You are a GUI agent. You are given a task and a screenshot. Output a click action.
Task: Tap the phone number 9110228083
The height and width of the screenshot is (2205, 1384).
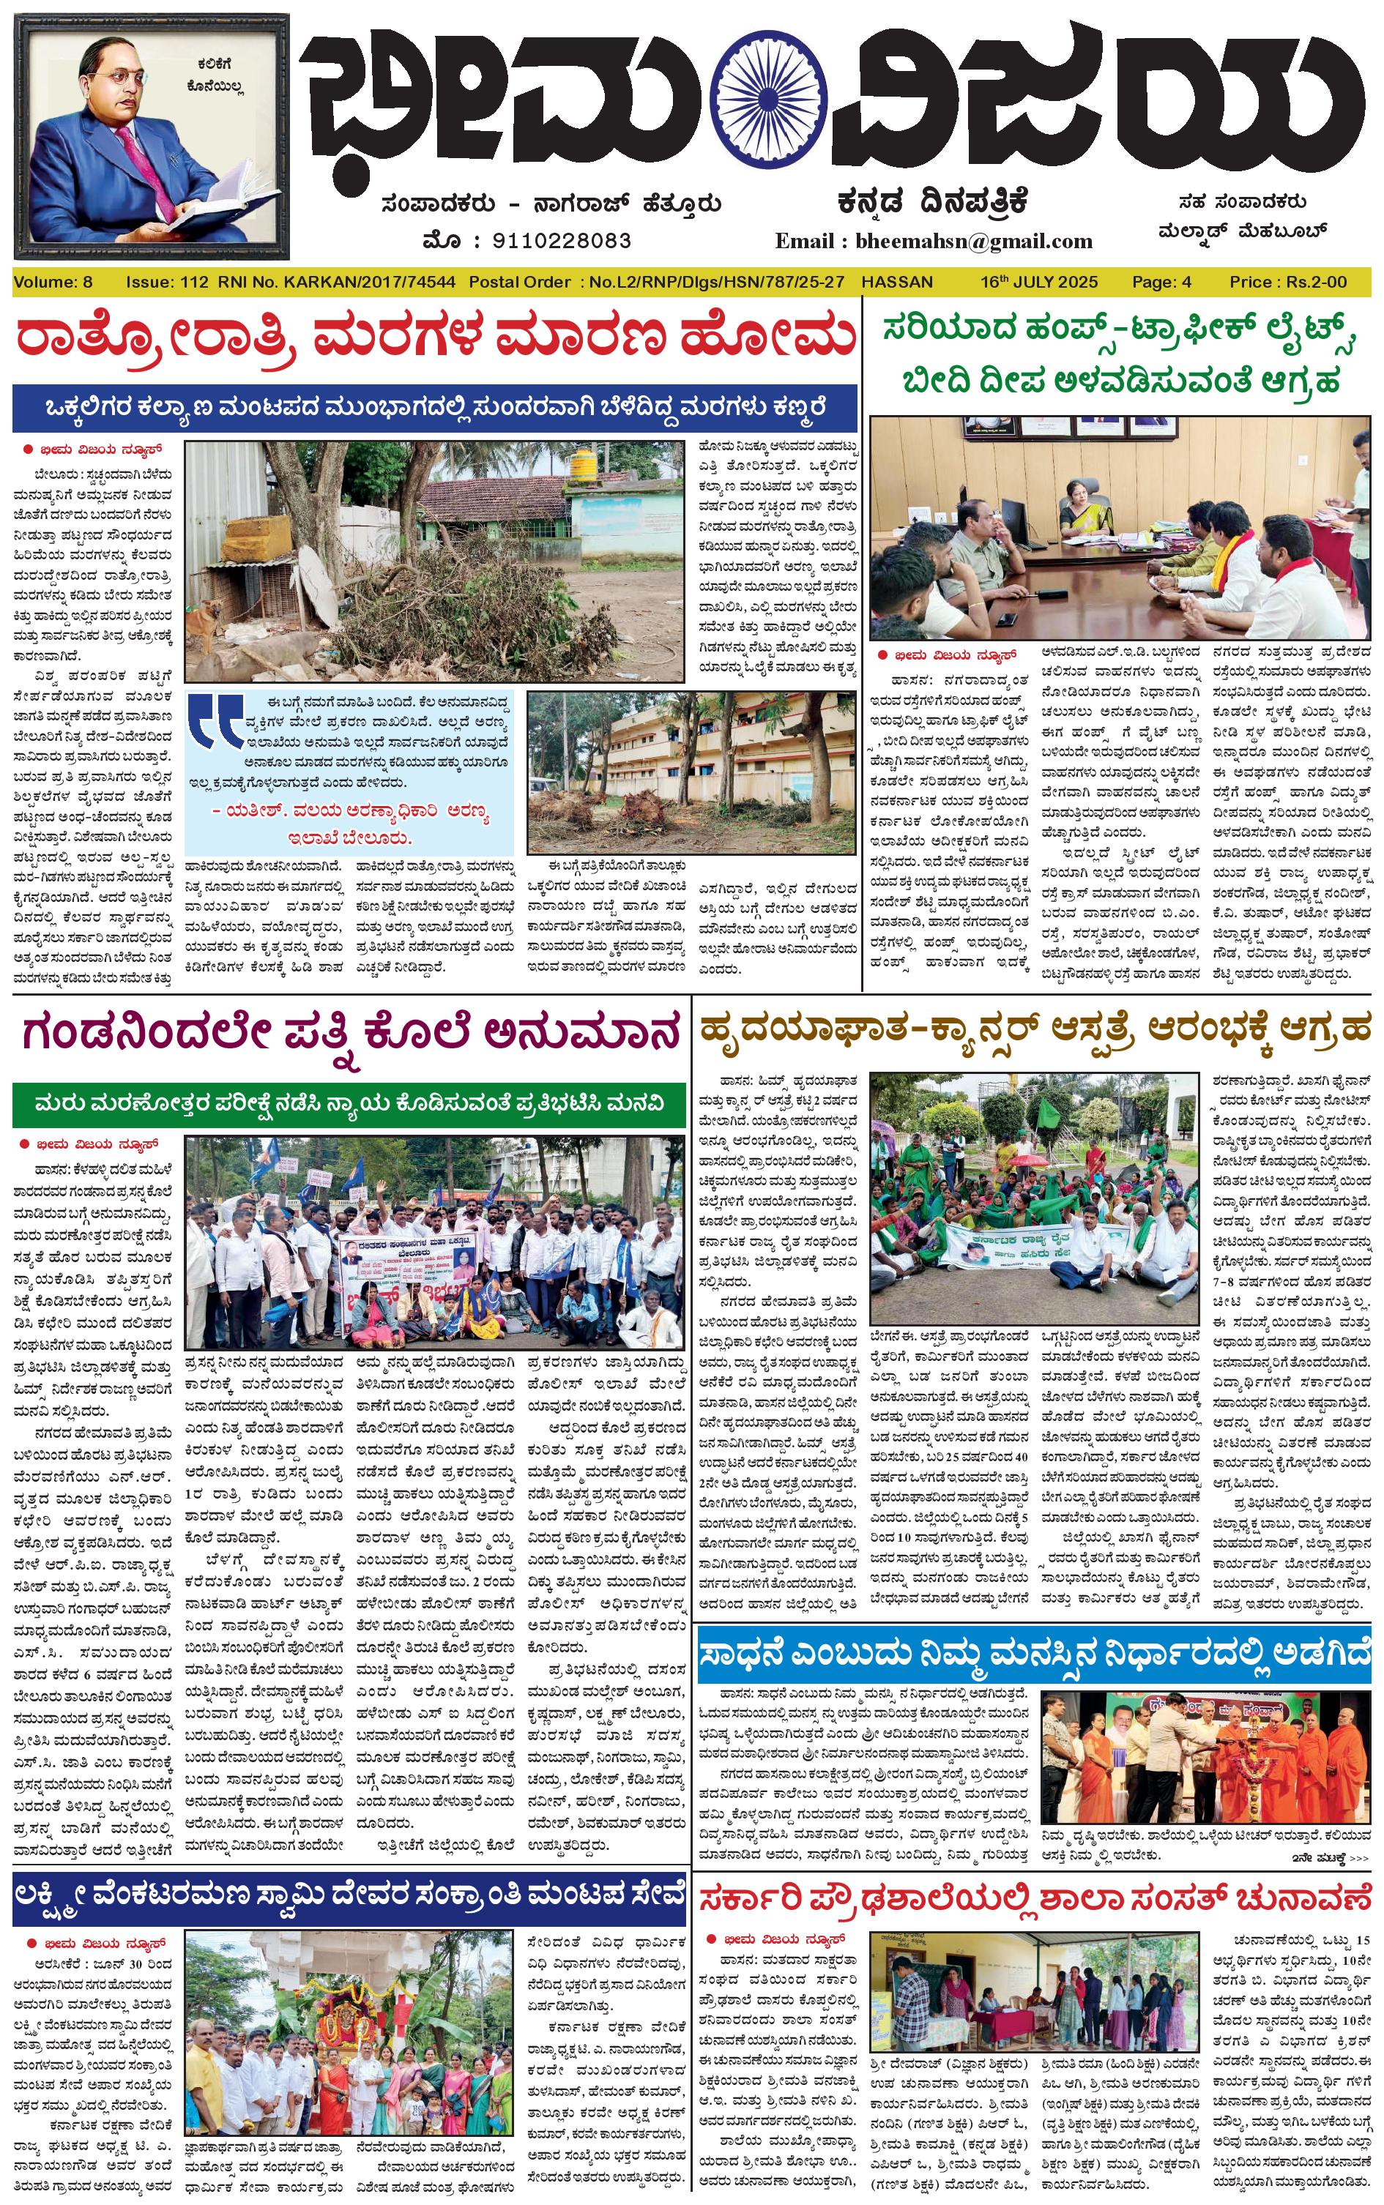[561, 242]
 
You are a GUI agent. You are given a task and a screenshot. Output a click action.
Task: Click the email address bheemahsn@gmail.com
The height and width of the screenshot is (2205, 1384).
[974, 242]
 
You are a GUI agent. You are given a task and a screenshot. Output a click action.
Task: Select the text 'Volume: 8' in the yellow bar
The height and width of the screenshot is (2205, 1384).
[53, 282]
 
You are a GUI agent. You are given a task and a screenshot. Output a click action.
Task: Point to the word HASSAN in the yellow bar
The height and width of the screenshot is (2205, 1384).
[897, 282]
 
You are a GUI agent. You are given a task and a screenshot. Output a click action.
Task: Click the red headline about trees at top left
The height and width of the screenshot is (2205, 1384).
[436, 337]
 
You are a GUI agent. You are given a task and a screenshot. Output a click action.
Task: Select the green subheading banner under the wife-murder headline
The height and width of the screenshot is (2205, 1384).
[349, 1104]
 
